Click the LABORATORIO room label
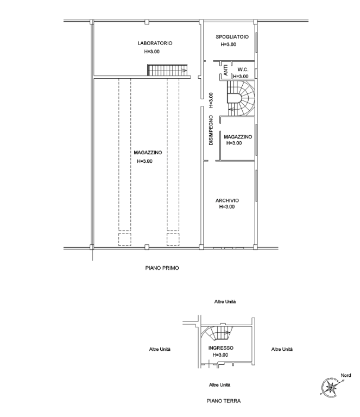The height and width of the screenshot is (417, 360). click(x=155, y=43)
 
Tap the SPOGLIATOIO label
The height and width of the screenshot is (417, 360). click(x=232, y=37)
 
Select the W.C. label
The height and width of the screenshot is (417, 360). click(x=243, y=69)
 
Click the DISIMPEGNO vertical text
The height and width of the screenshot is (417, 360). click(x=211, y=130)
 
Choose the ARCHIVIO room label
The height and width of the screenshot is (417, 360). click(x=227, y=200)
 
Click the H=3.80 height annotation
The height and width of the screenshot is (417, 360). click(x=144, y=161)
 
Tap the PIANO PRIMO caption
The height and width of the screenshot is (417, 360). click(x=162, y=268)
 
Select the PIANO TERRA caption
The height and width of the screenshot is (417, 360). click(x=224, y=401)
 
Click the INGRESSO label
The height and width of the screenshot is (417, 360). click(x=220, y=348)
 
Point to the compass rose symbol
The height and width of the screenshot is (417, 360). click(x=331, y=386)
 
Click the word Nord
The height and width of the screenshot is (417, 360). click(x=346, y=375)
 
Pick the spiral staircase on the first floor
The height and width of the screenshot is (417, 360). click(x=241, y=98)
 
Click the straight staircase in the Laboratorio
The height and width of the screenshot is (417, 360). click(x=167, y=70)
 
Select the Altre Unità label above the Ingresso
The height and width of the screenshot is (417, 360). click(x=225, y=301)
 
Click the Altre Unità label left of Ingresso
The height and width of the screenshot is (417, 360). click(x=160, y=349)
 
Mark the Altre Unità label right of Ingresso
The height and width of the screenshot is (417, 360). click(x=282, y=349)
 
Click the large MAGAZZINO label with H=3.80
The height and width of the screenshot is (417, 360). click(x=148, y=153)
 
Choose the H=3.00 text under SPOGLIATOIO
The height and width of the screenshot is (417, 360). click(x=229, y=45)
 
